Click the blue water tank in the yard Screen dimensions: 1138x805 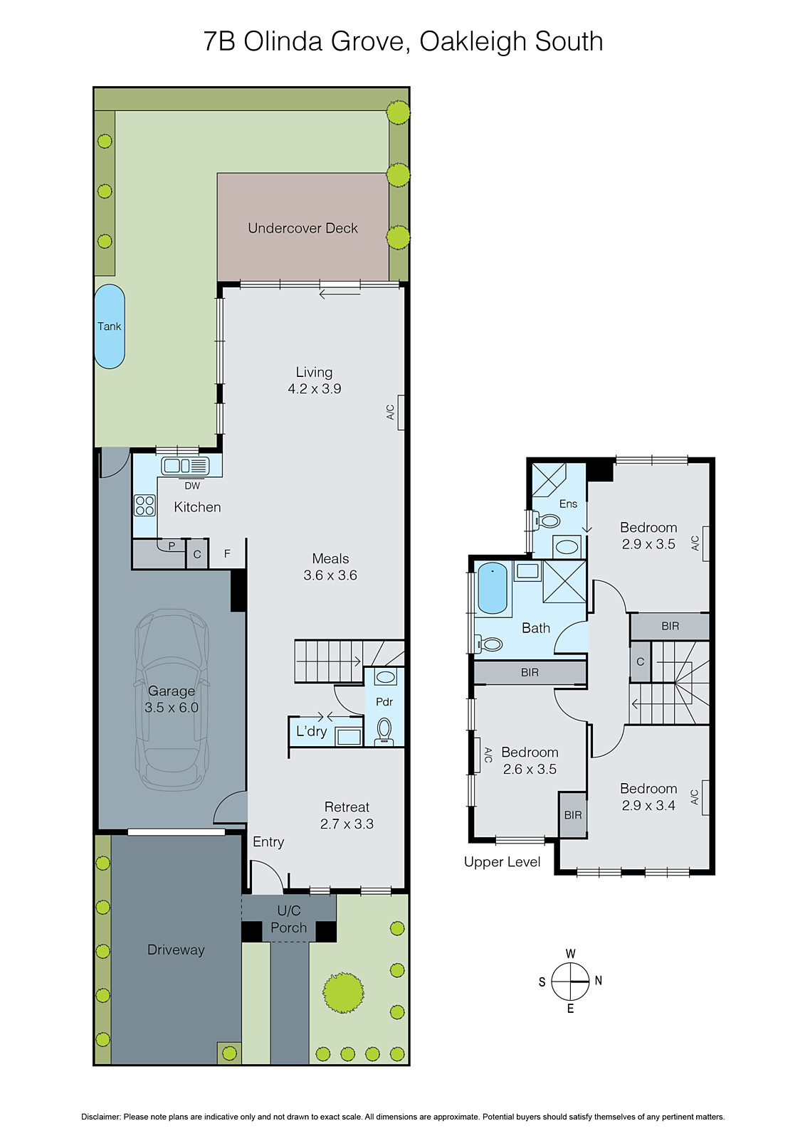[x=110, y=326]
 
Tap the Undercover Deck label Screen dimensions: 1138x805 [x=302, y=228]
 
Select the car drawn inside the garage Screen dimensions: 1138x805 [x=172, y=699]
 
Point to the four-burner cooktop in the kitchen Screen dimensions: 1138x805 [x=145, y=505]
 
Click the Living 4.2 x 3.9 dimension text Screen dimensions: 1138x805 [x=314, y=388]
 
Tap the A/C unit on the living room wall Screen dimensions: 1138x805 [x=401, y=412]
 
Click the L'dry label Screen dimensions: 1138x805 [x=311, y=731]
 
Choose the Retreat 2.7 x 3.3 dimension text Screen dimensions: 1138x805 [x=347, y=824]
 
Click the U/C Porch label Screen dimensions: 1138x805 [x=288, y=919]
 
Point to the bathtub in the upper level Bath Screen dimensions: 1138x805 [x=493, y=587]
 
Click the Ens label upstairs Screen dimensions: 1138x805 [x=568, y=504]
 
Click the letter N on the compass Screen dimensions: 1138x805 [x=599, y=981]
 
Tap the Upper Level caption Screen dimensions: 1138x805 [x=502, y=862]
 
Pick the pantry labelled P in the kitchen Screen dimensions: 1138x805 [x=172, y=546]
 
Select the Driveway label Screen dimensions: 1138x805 [x=176, y=950]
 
